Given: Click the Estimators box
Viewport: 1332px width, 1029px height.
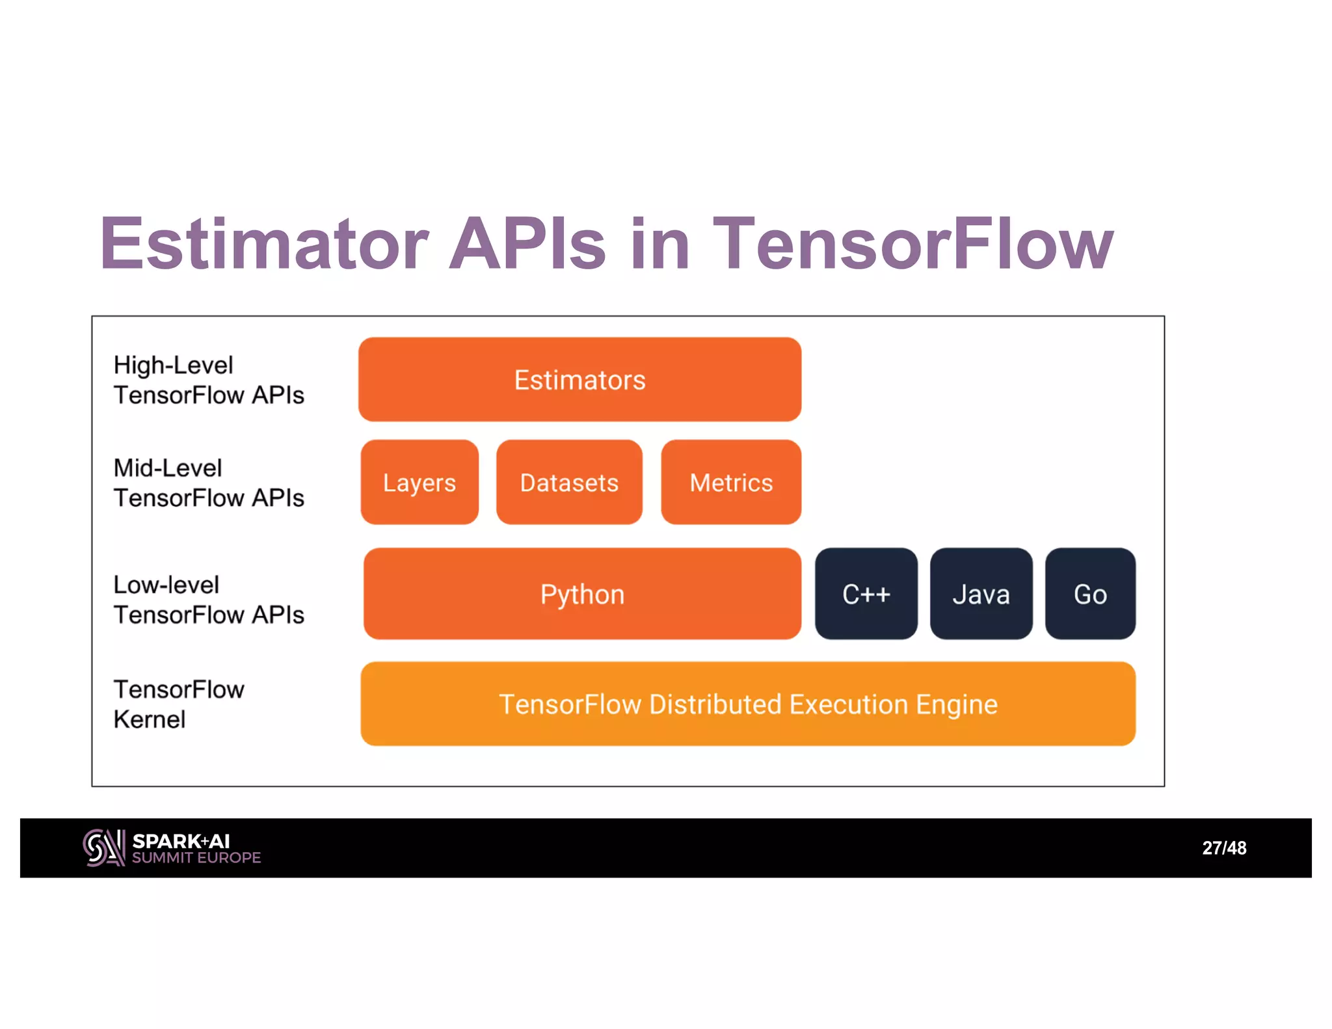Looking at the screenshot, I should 579,379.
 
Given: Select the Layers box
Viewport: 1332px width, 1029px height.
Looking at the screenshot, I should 420,482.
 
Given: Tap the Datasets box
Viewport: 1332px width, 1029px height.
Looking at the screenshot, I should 569,482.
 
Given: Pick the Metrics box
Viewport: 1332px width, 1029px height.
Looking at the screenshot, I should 731,482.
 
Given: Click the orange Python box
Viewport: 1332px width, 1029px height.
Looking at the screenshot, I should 582,594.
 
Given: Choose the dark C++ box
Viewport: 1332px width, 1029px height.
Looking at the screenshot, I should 866,594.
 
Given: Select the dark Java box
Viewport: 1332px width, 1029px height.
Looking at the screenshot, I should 981,594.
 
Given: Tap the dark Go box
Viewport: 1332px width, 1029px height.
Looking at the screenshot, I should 1090,594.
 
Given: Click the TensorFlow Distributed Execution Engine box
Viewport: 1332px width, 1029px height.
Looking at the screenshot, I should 748,704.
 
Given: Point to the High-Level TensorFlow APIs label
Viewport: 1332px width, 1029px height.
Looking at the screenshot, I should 208,380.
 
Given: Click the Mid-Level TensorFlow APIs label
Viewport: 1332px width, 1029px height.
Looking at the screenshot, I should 208,483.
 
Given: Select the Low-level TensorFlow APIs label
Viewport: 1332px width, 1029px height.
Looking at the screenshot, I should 208,600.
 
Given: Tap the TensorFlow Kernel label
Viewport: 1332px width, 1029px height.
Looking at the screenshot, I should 179,704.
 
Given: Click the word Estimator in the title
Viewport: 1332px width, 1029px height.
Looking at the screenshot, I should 264,244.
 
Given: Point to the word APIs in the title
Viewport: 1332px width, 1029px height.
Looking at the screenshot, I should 527,244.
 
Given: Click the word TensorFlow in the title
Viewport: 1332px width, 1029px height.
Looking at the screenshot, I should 913,244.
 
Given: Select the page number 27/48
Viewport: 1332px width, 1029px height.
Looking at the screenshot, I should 1224,848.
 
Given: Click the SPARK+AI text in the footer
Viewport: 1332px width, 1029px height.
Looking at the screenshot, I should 181,841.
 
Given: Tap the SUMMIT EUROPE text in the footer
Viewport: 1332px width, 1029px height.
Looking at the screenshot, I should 196,858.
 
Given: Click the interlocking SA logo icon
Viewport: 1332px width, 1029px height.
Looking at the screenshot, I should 104,848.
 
